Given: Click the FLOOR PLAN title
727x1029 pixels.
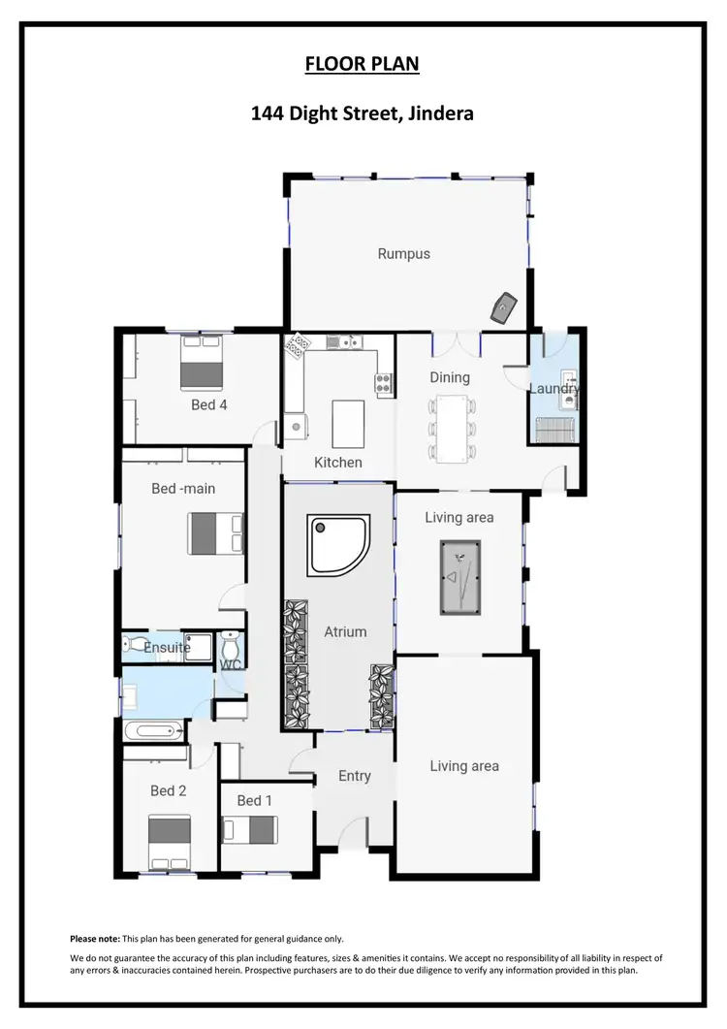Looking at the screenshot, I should coord(363,64).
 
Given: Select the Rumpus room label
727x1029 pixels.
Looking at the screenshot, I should coord(403,254).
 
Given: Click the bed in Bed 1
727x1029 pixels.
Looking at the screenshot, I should coord(251,830).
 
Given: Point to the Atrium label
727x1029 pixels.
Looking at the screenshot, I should coord(345,631).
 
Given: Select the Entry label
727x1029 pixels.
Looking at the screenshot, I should coord(355,776).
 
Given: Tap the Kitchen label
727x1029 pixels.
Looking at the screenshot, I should coord(338,463).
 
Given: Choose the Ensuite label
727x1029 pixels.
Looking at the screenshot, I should coord(167,648).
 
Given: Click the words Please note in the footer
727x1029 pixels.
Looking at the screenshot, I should coord(95,939).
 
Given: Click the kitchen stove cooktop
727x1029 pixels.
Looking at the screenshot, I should coord(385,383).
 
